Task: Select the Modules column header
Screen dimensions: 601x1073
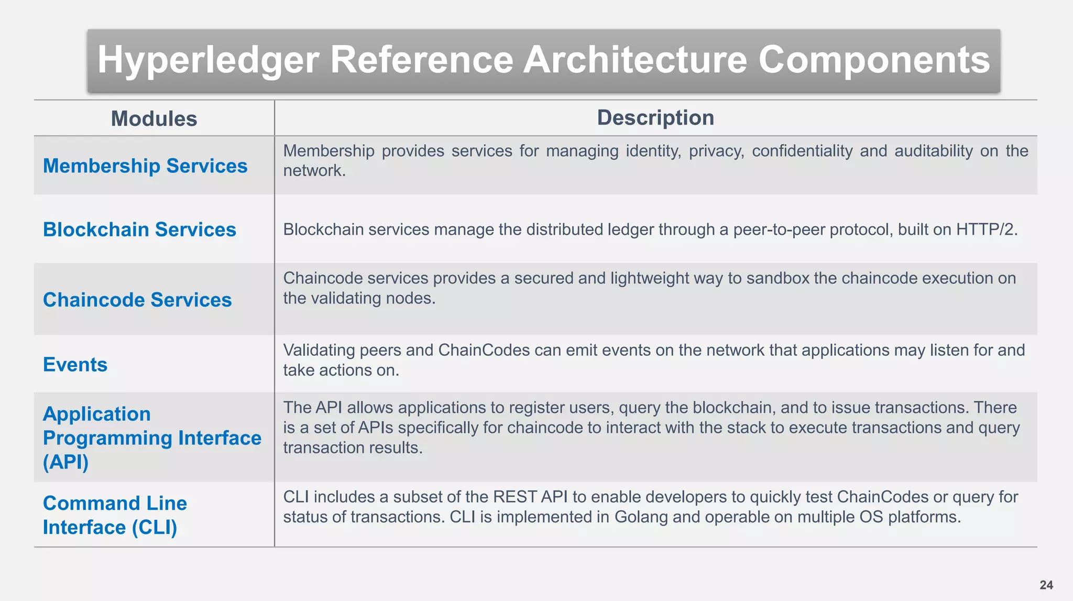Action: click(x=154, y=119)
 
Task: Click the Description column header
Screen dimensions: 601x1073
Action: click(x=655, y=118)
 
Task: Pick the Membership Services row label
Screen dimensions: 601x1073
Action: click(x=145, y=166)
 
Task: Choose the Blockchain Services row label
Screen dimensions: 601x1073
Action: click(x=139, y=230)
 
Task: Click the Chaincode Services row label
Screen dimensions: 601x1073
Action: click(x=137, y=300)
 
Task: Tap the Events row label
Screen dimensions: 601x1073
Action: click(x=75, y=365)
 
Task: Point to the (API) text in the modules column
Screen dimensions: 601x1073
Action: click(x=65, y=462)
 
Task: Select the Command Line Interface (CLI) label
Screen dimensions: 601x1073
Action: click(x=115, y=515)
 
